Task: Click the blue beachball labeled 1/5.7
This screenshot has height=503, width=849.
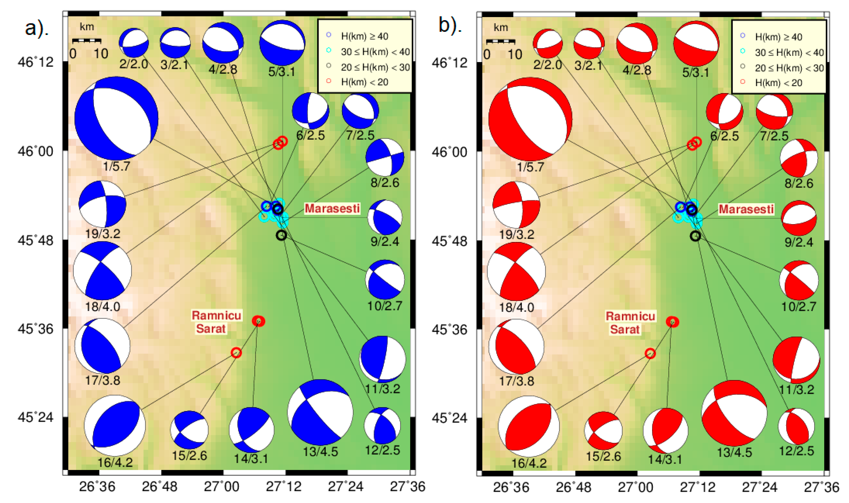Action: [x=116, y=118]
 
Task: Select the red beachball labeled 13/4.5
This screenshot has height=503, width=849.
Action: [x=734, y=413]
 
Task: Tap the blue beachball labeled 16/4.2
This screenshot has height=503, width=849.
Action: [x=115, y=425]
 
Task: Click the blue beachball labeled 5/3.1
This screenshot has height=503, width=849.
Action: [x=282, y=43]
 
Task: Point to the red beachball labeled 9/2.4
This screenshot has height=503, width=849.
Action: [x=799, y=218]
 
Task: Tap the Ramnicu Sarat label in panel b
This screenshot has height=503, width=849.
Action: [x=630, y=323]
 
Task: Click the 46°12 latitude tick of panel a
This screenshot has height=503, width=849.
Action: [x=36, y=62]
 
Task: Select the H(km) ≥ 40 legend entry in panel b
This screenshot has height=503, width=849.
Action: [x=778, y=37]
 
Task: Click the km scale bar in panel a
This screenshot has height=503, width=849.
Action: [x=87, y=41]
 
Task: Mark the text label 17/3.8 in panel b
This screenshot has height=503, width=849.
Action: [x=517, y=381]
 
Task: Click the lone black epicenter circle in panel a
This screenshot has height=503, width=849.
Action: [x=281, y=235]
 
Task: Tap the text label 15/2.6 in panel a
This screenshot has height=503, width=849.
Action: [x=189, y=455]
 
